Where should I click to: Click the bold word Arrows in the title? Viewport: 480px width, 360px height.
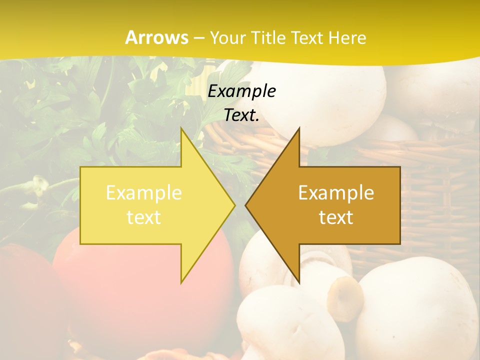156,37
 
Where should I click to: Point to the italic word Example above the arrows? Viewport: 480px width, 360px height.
241,91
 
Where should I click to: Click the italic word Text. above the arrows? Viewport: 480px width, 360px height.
241,115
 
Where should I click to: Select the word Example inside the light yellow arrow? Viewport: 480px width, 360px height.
144,193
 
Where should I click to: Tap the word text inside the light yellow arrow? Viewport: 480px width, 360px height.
144,217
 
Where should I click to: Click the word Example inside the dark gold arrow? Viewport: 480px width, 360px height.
336,193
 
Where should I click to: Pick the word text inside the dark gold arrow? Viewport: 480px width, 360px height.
336,217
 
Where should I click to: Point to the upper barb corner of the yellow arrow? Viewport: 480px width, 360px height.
181,128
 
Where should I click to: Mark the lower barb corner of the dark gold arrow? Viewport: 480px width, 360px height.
299,282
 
